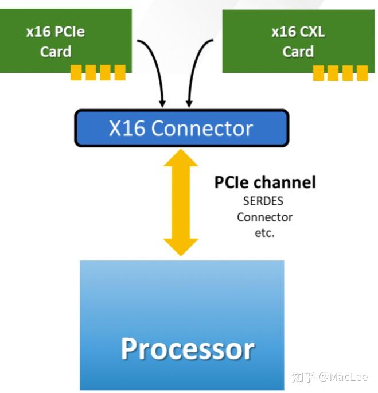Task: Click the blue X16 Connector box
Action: (181, 127)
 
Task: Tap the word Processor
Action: (188, 348)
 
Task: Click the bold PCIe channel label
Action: (265, 183)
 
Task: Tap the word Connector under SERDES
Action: (264, 217)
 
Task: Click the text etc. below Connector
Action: (264, 233)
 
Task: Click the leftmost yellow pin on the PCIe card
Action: (76, 72)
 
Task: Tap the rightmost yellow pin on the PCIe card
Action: (119, 72)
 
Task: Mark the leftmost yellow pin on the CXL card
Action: (318, 73)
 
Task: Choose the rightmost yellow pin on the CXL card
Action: (361, 73)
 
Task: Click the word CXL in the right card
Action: (312, 32)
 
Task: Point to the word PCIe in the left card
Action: (70, 32)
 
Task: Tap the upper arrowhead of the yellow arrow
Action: (181, 157)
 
